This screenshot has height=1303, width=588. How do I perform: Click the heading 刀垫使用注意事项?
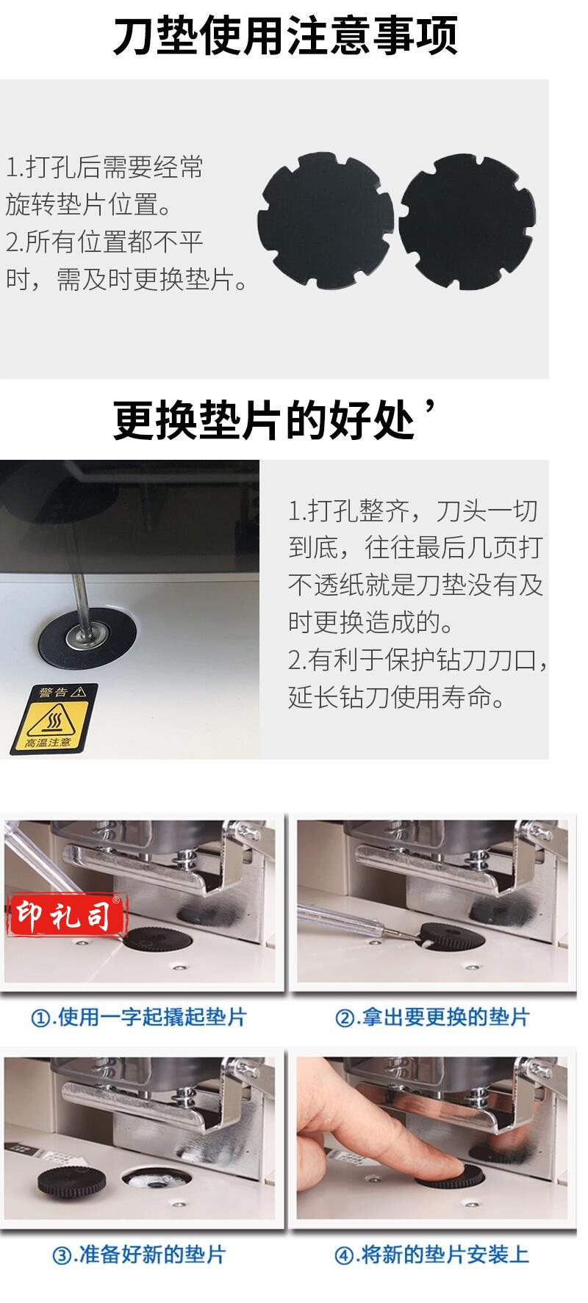click(285, 37)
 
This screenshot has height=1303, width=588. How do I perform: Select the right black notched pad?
click(466, 220)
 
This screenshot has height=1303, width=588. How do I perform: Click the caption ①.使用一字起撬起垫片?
click(138, 1017)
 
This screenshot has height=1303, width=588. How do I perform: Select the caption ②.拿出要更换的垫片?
click(432, 1017)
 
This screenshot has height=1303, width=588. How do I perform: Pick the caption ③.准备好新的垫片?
click(138, 1254)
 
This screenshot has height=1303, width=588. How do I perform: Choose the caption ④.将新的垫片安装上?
click(432, 1254)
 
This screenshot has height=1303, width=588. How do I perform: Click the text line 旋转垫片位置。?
click(88, 205)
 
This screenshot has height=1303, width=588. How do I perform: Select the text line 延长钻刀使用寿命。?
click(397, 697)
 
